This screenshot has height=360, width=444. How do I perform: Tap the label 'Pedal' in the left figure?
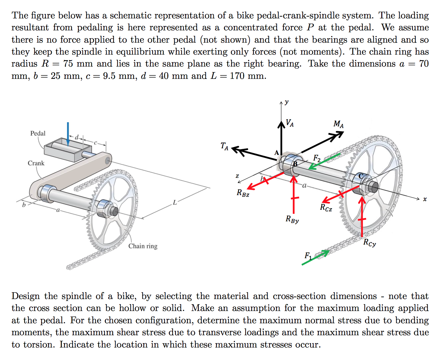coord(38,133)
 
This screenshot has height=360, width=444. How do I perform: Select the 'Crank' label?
coord(36,163)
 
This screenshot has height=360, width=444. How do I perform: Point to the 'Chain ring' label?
coord(143,246)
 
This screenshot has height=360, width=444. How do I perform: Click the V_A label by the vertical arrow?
coord(289,123)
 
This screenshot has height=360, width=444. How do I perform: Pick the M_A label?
coord(338,124)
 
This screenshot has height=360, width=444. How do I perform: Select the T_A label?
coord(225,146)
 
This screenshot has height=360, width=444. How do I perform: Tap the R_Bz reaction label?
coord(243,193)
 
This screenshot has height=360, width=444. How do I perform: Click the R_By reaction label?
coord(292,220)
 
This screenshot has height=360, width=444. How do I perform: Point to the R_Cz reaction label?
coord(326,208)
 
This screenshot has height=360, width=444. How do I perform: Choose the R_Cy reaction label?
coord(370,243)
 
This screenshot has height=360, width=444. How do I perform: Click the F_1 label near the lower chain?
coord(308,255)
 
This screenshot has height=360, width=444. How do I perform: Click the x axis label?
coord(425,199)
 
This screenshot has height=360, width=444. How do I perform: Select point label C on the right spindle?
coord(361,176)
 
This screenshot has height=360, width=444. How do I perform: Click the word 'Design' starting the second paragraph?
coord(26,296)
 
